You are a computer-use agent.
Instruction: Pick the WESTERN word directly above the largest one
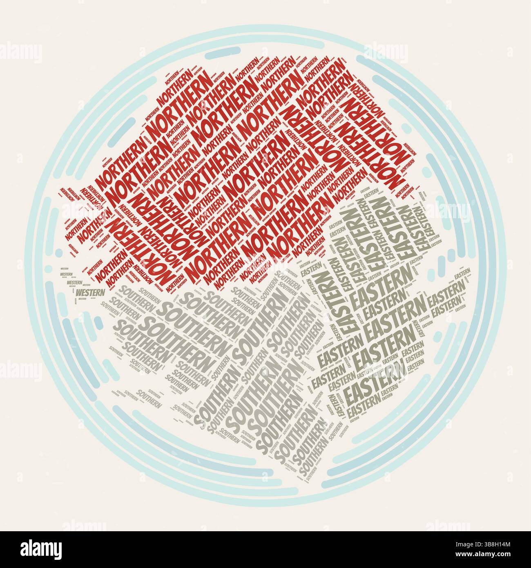tap(74, 282)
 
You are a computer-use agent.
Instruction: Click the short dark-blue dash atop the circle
tap(223, 52)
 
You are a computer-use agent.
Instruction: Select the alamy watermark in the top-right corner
tap(386, 52)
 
